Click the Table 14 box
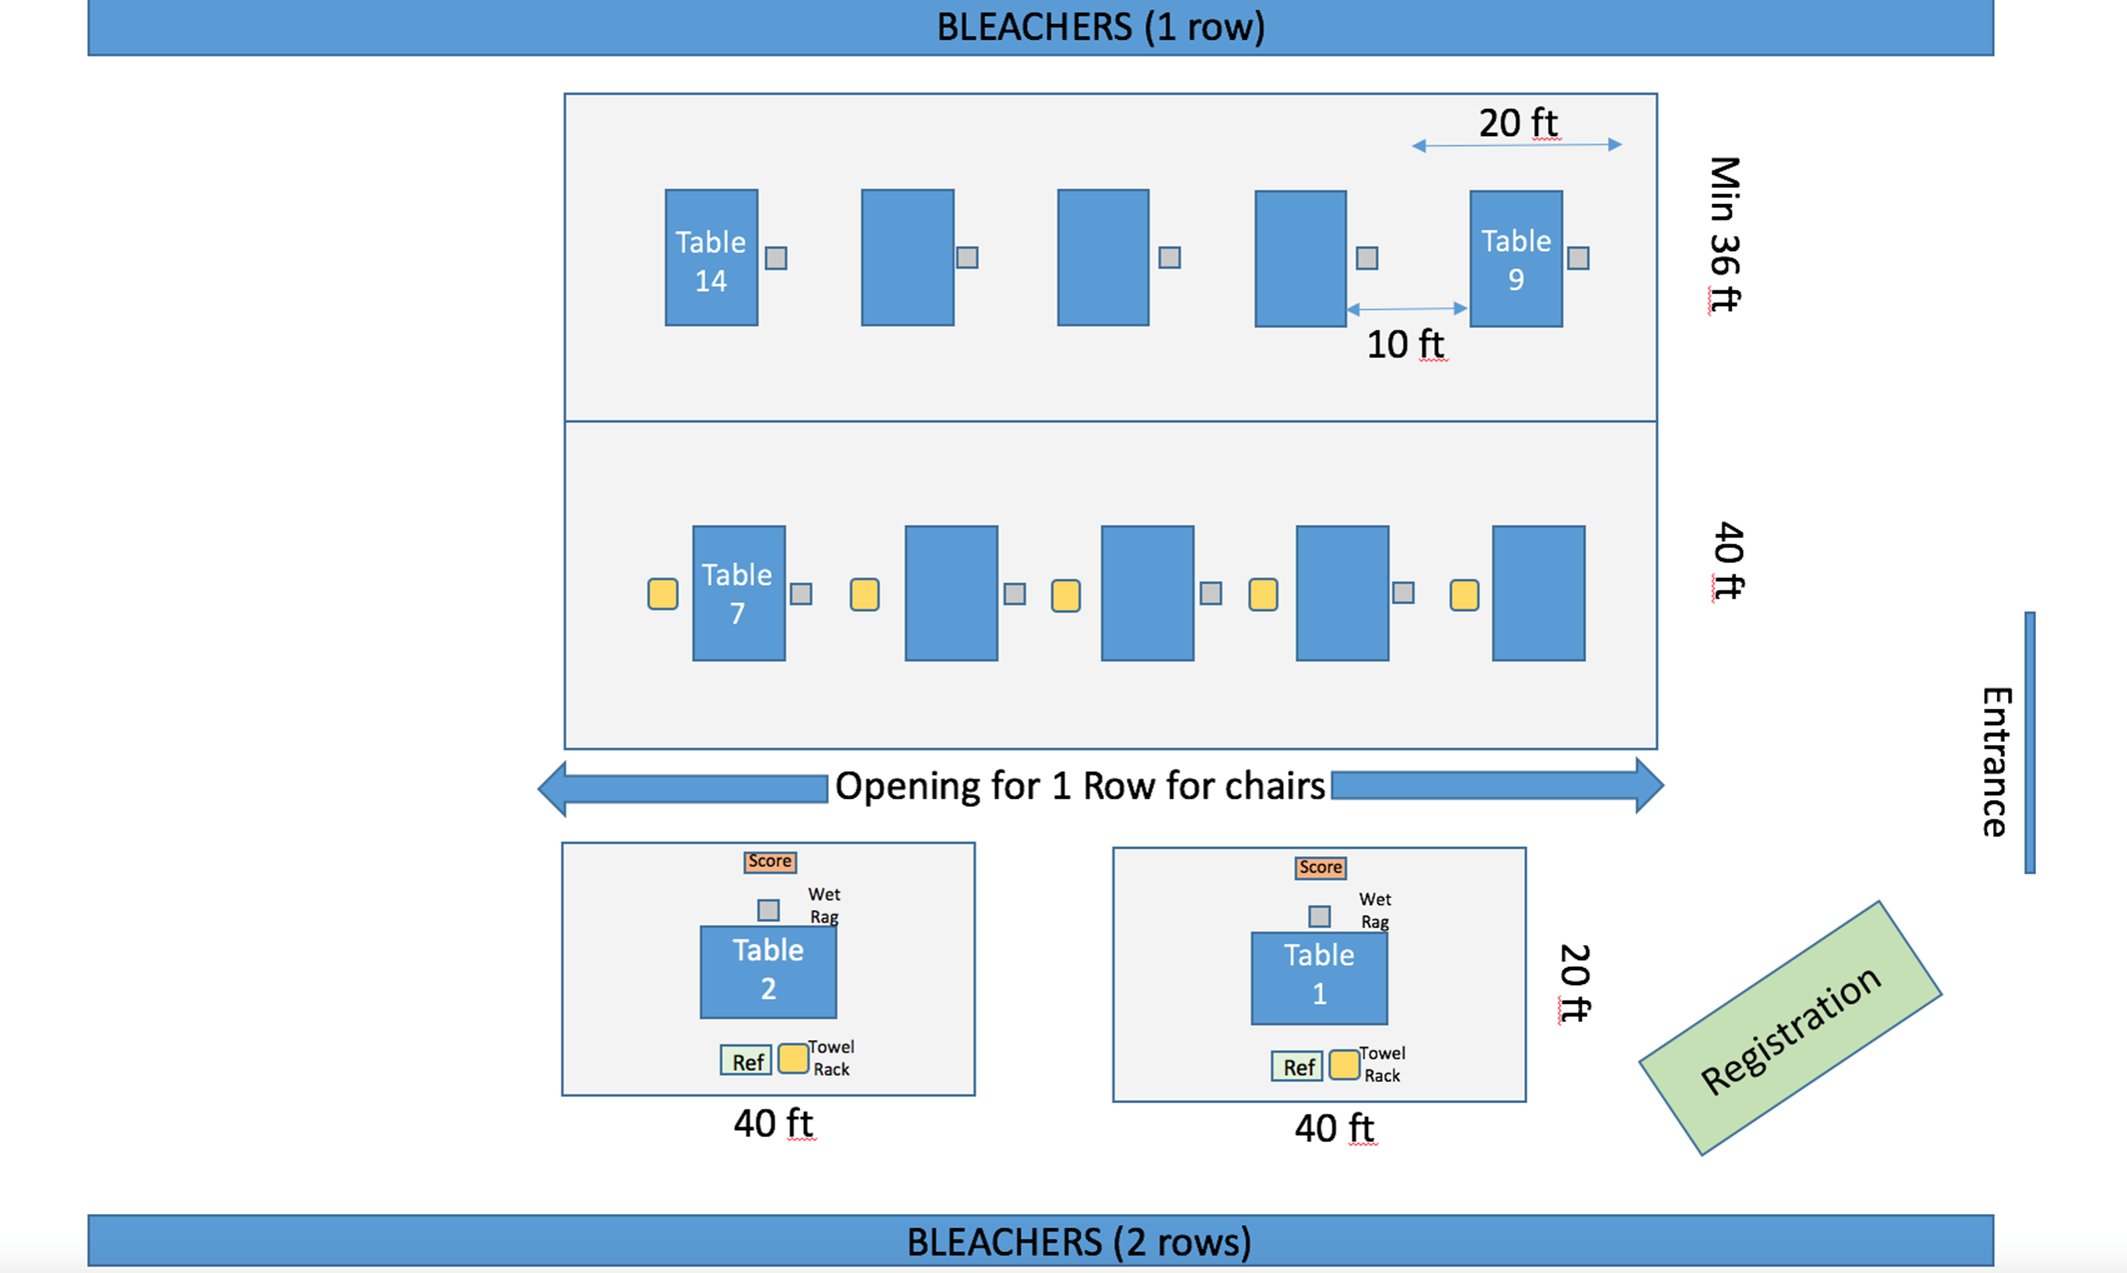tap(711, 258)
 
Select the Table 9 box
tap(1515, 259)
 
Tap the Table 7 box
tap(738, 593)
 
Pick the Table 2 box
tap(768, 972)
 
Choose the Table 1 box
tap(1318, 978)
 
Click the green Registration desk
tap(1790, 1028)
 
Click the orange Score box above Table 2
tap(770, 861)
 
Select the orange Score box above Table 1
tap(1320, 867)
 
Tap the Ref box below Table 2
tap(747, 1061)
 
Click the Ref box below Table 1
tap(1297, 1067)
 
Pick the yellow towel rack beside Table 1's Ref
tap(1344, 1065)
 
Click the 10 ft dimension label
tap(1404, 344)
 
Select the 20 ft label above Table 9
tap(1517, 123)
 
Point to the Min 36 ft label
tap(1724, 234)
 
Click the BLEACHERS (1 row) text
tap(1100, 27)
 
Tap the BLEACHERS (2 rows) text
tap(1078, 1242)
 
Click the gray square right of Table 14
tap(776, 258)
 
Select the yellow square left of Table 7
tap(663, 593)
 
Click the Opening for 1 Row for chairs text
tap(1079, 786)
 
